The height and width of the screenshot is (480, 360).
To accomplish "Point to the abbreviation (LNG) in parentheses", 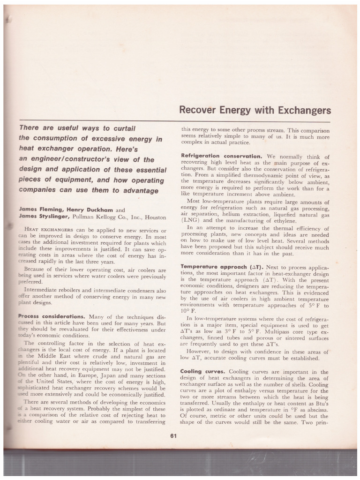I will pos(190,220).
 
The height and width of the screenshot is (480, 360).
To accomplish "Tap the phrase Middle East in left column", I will pos(49,357).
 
